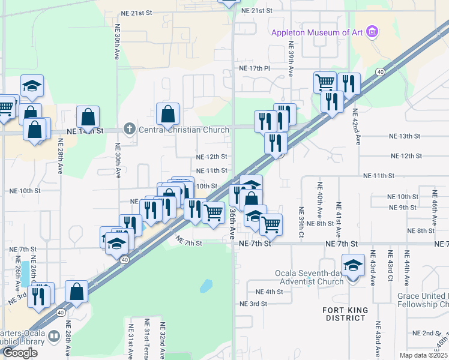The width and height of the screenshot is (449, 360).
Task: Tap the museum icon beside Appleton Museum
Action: click(373, 31)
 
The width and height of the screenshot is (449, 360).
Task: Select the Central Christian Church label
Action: click(184, 130)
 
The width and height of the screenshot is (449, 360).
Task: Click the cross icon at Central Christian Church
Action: click(129, 129)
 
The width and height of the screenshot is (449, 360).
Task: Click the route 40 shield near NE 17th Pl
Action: click(380, 72)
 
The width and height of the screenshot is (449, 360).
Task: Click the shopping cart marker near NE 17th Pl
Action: click(325, 82)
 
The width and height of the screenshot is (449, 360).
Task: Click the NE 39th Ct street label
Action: click(300, 217)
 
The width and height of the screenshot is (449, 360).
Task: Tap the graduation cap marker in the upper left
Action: click(32, 85)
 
